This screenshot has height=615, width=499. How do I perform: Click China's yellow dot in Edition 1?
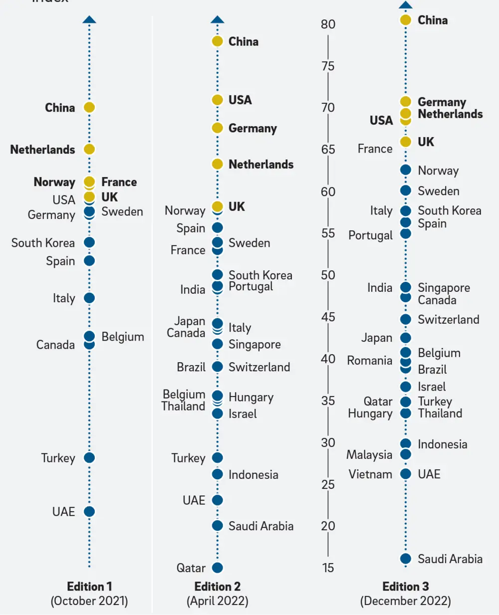pyautogui.click(x=89, y=107)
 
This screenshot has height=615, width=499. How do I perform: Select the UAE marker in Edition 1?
pyautogui.click(x=89, y=511)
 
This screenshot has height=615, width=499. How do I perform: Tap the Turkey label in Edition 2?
pyautogui.click(x=188, y=458)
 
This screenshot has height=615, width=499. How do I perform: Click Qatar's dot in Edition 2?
pyautogui.click(x=217, y=568)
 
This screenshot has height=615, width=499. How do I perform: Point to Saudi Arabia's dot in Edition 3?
pyautogui.click(x=406, y=559)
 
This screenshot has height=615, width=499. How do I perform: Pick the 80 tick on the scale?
pyautogui.click(x=328, y=24)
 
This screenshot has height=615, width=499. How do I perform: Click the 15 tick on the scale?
pyautogui.click(x=328, y=568)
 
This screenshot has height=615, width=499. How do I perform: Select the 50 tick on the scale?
pyautogui.click(x=328, y=275)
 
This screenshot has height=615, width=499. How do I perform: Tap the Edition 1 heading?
pyautogui.click(x=89, y=586)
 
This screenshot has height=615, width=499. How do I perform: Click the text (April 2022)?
pyautogui.click(x=217, y=601)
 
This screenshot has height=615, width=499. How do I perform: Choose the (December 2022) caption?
pyautogui.click(x=405, y=601)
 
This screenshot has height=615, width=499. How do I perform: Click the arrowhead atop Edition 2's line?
pyautogui.click(x=217, y=20)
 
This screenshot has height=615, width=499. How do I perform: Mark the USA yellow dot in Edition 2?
pyautogui.click(x=217, y=100)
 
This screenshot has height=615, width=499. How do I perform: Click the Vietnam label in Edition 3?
pyautogui.click(x=370, y=474)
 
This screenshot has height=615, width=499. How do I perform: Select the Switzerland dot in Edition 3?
pyautogui.click(x=406, y=319)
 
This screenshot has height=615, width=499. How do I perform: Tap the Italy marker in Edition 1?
pyautogui.click(x=89, y=298)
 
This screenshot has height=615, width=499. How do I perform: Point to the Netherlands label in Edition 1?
pyautogui.click(x=42, y=150)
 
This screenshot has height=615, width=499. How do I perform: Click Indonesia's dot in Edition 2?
pyautogui.click(x=217, y=474)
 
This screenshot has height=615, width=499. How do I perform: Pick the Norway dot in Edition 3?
pyautogui.click(x=406, y=170)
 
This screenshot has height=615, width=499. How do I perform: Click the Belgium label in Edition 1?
pyautogui.click(x=123, y=337)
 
